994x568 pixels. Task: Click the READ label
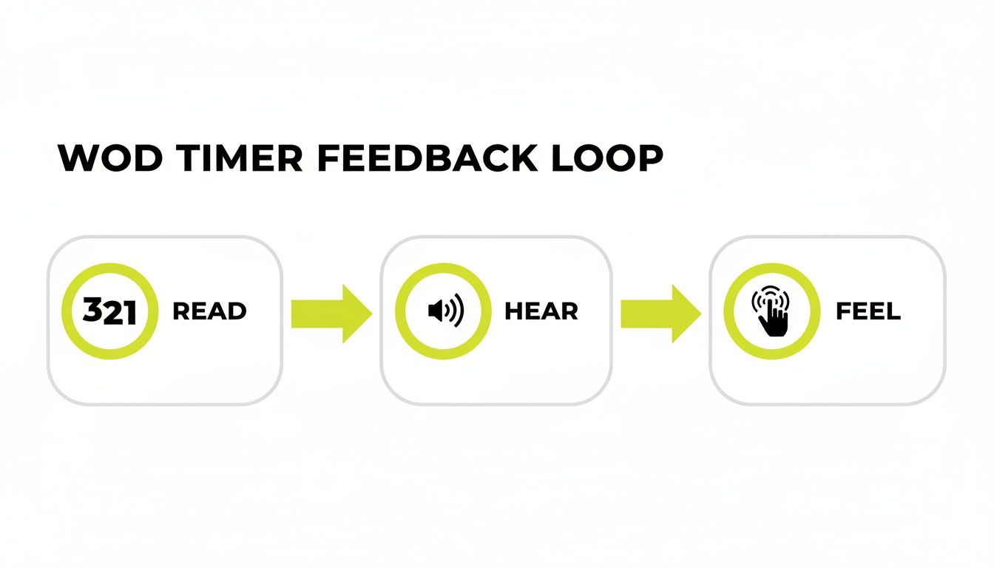pyautogui.click(x=209, y=311)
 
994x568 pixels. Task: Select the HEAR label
pyautogui.click(x=541, y=311)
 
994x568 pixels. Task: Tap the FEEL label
pyautogui.click(x=868, y=311)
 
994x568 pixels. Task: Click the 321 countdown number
pyautogui.click(x=110, y=311)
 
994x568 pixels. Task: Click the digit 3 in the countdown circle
pyautogui.click(x=93, y=311)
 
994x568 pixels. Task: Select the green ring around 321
pyautogui.click(x=110, y=267)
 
